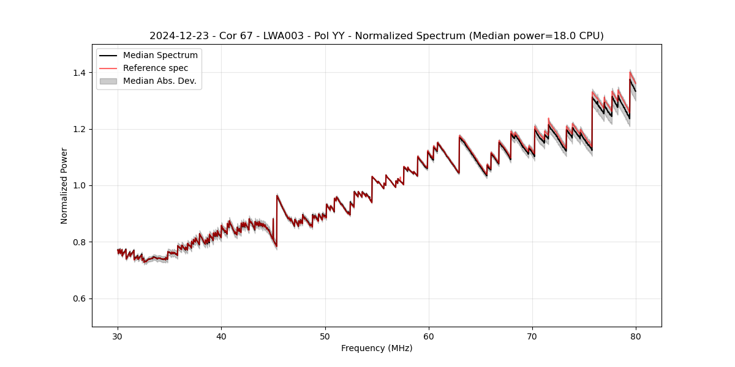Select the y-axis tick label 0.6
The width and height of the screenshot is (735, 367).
point(80,298)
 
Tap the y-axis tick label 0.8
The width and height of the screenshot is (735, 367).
point(80,242)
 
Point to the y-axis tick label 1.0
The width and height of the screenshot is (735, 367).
point(80,185)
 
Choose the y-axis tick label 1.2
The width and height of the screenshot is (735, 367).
point(80,129)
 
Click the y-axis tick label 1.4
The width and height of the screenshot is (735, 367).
point(80,73)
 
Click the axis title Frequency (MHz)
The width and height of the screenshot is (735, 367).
point(377,348)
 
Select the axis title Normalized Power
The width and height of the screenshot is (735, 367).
point(64,185)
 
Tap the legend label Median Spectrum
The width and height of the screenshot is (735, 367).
point(160,56)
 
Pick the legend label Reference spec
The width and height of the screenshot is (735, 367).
point(156,68)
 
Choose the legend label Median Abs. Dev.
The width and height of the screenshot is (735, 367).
point(160,81)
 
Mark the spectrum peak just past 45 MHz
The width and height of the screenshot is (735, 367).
point(277,196)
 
